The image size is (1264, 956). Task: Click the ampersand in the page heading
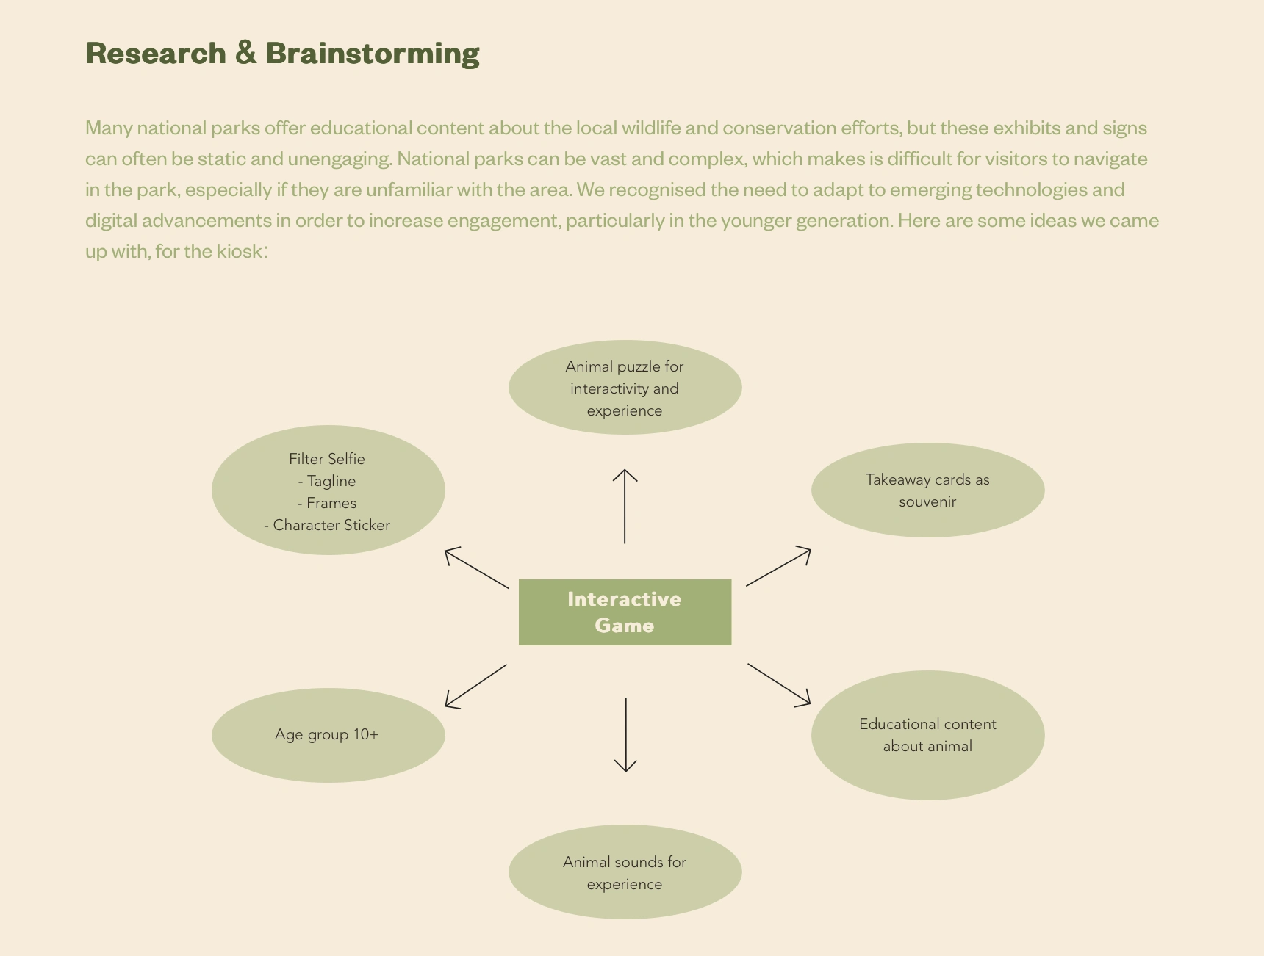click(x=247, y=53)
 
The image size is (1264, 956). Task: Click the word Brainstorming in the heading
click(x=373, y=54)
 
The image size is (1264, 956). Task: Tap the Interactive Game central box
click(x=625, y=612)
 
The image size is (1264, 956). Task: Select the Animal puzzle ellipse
click(x=625, y=388)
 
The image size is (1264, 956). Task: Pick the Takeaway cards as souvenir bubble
click(x=927, y=490)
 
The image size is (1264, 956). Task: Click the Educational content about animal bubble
click(x=927, y=735)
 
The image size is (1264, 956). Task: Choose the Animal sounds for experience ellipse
click(x=625, y=872)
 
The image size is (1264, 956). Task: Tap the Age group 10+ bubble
click(x=328, y=735)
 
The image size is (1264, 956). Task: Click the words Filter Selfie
click(x=327, y=459)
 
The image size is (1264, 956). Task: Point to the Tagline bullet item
click(x=328, y=481)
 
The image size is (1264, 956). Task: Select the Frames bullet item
click(x=328, y=503)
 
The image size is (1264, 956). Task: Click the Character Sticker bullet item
click(x=328, y=525)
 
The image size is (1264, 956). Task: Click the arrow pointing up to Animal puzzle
click(x=625, y=506)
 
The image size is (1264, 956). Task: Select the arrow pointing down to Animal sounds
click(x=625, y=734)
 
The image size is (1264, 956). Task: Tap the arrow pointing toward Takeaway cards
click(x=778, y=567)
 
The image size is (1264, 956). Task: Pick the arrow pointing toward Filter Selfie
click(x=476, y=568)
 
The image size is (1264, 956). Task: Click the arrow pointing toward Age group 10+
click(x=475, y=687)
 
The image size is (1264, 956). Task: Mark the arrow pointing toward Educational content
click(x=779, y=684)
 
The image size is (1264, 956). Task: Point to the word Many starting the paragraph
click(x=109, y=128)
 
